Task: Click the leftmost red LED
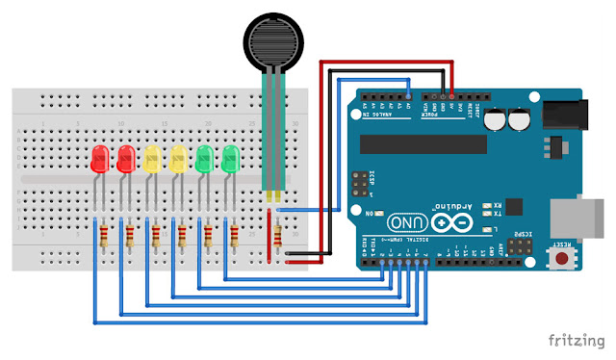point(98,160)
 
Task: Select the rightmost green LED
point(230,160)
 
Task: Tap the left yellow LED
point(151,160)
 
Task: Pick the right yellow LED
point(177,160)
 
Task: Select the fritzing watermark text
point(577,340)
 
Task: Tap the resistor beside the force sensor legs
point(278,235)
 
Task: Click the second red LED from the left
point(124,160)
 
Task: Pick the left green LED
point(204,160)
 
